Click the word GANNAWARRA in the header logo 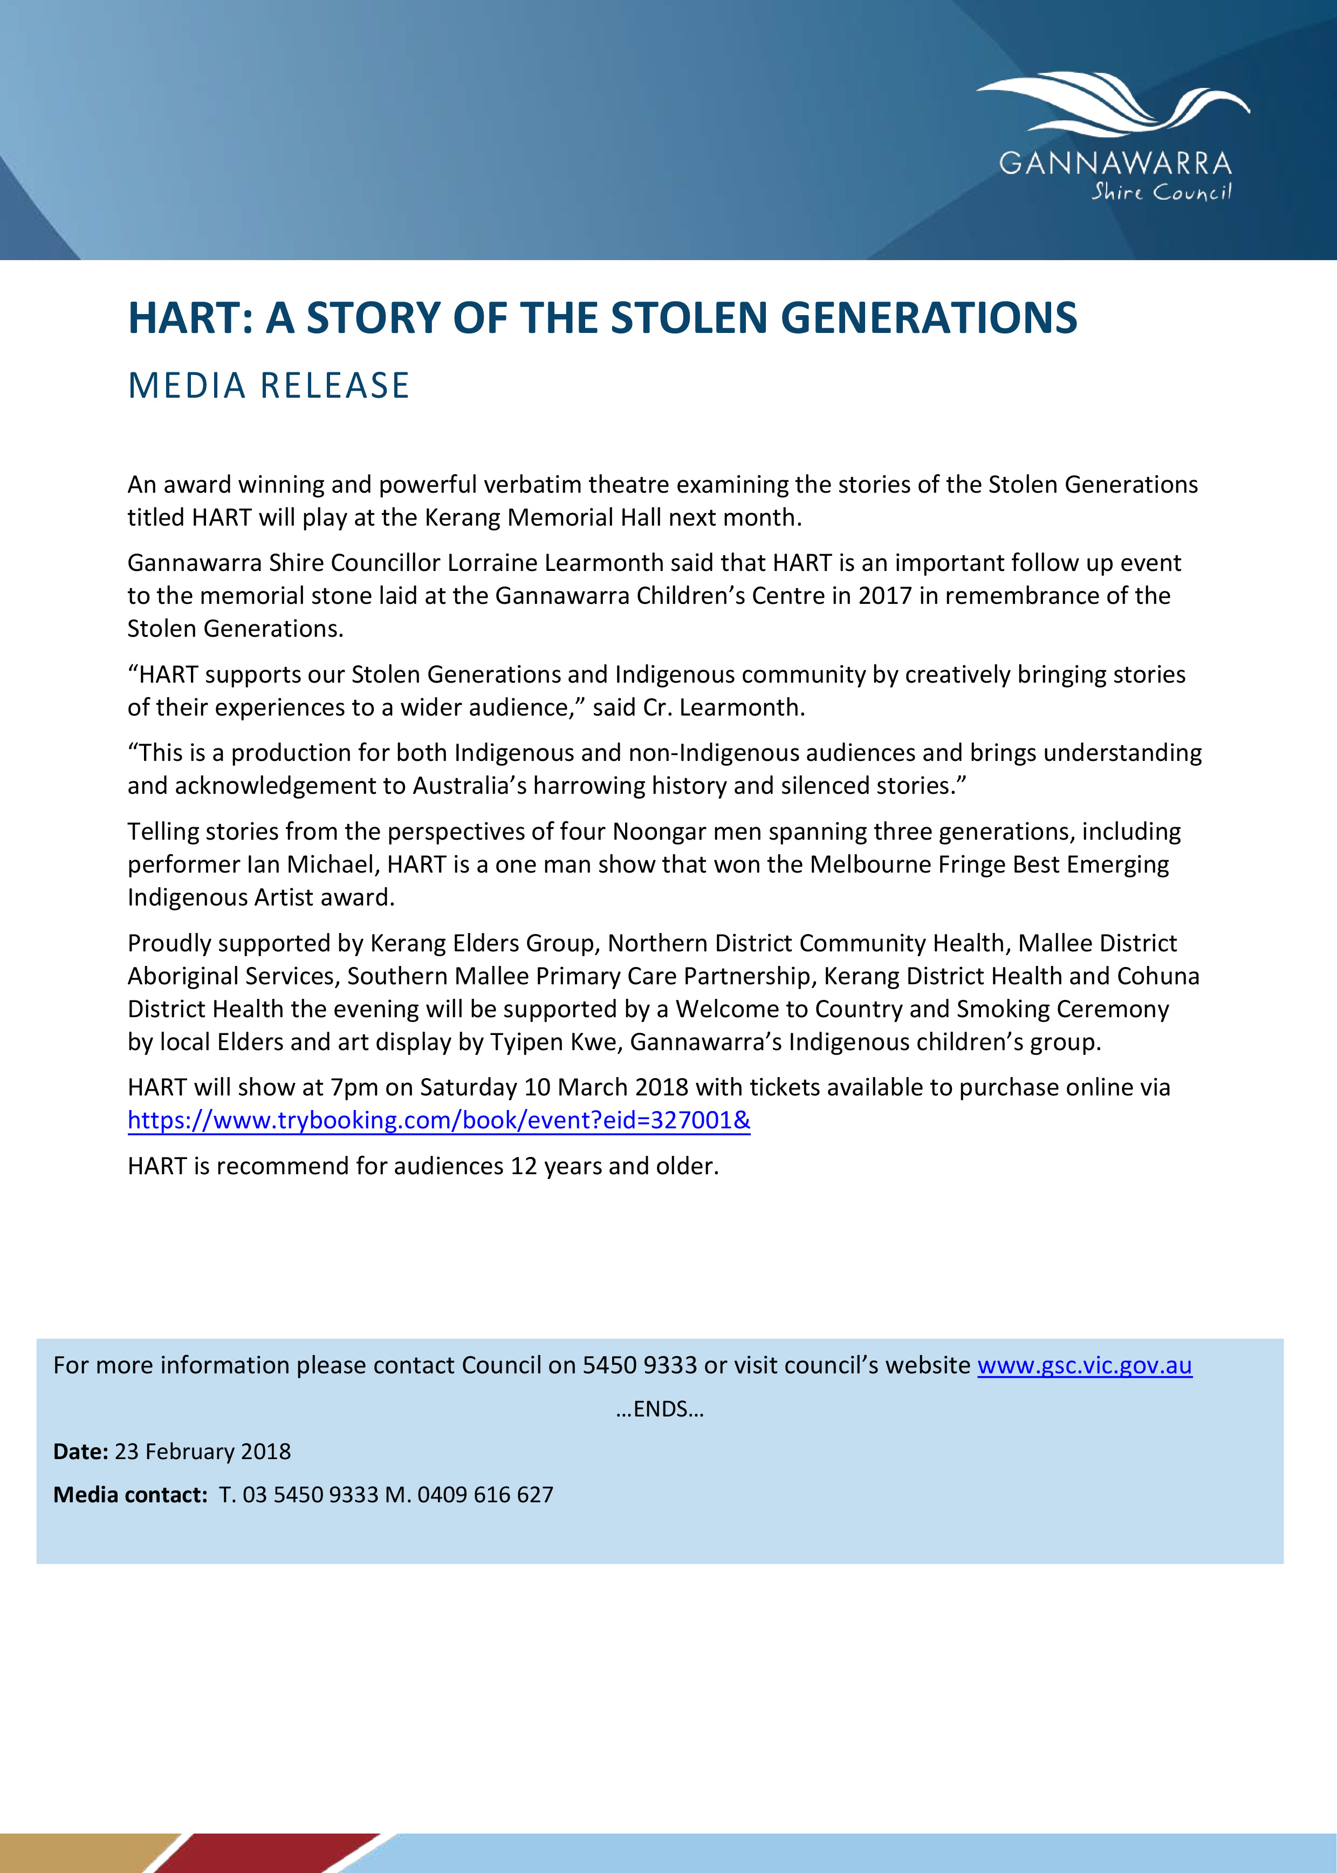[1115, 163]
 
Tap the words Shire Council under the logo [1161, 193]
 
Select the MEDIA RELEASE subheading [269, 385]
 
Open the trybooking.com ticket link [439, 1120]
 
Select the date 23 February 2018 [203, 1451]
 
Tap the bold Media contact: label [130, 1494]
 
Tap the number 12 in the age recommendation [524, 1166]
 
